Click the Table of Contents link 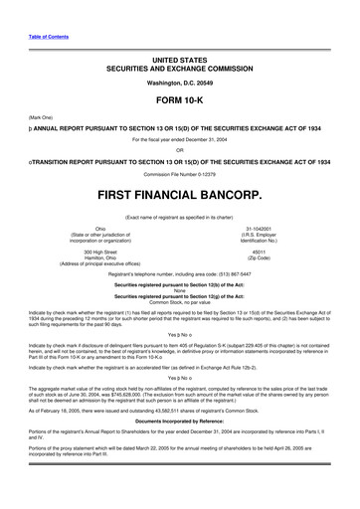pos(41,37)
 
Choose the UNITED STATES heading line pos(179,60)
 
